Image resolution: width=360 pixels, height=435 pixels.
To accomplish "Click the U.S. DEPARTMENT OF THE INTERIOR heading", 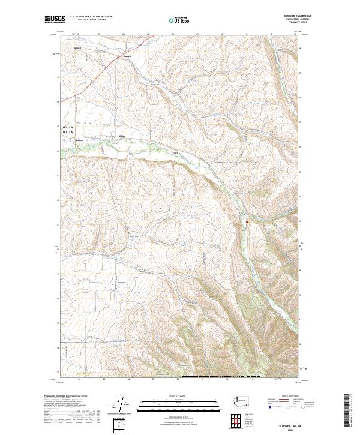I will (91, 17).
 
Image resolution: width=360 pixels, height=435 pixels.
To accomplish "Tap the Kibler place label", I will (122, 136).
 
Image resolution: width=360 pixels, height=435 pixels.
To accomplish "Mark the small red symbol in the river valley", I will (246, 223).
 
